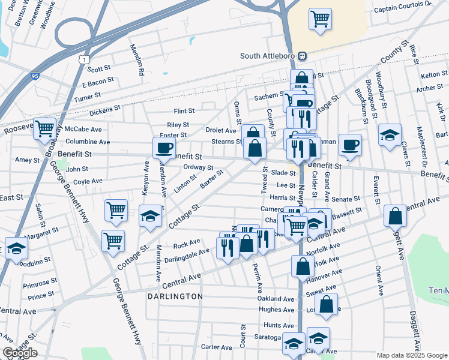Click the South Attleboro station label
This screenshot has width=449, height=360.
click(x=268, y=56)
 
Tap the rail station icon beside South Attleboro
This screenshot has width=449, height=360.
click(x=303, y=56)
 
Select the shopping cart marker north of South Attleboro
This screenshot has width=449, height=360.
click(x=321, y=19)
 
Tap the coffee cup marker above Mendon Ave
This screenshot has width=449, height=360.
click(x=164, y=147)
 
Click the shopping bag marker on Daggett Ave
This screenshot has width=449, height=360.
click(x=396, y=217)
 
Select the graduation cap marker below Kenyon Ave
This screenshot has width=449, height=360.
click(x=150, y=216)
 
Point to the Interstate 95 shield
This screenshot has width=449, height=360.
click(x=34, y=76)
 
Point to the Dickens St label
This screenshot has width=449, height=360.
click(x=105, y=112)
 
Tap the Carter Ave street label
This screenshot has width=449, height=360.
click(x=217, y=347)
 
